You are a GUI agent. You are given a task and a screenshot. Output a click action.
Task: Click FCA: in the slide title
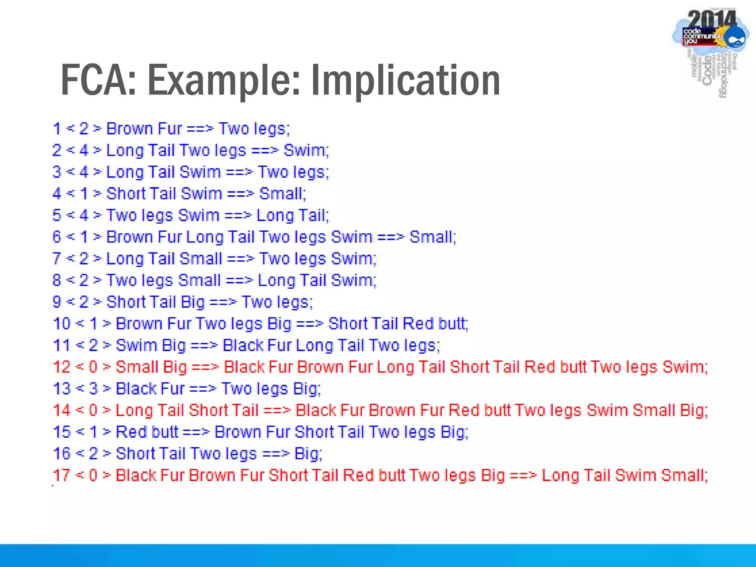[98, 80]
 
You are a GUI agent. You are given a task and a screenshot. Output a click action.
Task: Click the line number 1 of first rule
[56, 129]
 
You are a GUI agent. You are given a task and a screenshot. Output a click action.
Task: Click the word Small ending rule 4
[282, 194]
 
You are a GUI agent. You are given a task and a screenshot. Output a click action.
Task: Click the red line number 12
[61, 367]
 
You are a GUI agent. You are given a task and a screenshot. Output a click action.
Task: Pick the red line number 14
[61, 410]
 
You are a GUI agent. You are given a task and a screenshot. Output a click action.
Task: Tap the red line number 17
[61, 475]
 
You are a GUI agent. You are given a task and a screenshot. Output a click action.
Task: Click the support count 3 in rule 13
[93, 389]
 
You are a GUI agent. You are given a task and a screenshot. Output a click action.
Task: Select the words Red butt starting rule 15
[147, 432]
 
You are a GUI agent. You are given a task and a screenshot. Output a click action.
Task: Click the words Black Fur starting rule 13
[150, 389]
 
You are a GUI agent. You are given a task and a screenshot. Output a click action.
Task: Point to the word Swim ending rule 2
[305, 151]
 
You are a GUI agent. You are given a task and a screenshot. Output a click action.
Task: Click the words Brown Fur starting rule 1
[144, 129]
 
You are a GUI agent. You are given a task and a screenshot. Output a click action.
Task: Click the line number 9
[56, 302]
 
